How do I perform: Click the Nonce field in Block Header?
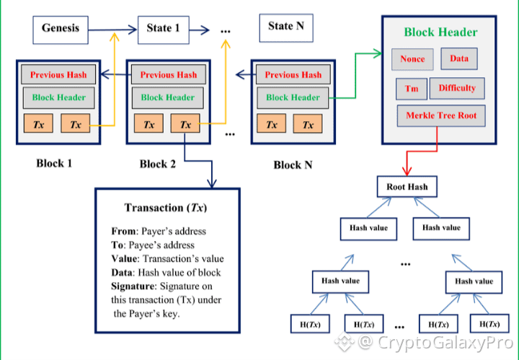pos(413,59)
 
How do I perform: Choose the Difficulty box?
pos(457,88)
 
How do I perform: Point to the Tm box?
pos(411,89)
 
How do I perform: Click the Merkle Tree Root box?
pos(441,115)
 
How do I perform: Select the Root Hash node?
pos(407,187)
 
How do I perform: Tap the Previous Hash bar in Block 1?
pos(58,75)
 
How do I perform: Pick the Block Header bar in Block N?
pos(292,97)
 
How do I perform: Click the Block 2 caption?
pos(158,164)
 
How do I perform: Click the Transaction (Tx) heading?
pos(165,208)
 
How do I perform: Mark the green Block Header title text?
pos(440,32)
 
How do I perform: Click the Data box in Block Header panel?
pos(459,58)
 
